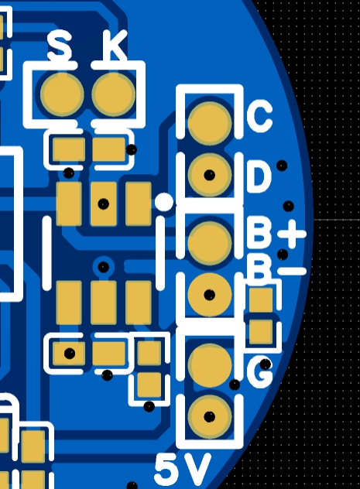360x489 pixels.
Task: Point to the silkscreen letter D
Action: pos(259,176)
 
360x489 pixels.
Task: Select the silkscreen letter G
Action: pos(259,371)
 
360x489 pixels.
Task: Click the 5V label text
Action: pos(183,470)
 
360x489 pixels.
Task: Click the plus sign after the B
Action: pos(292,234)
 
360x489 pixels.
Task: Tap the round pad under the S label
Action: pos(63,94)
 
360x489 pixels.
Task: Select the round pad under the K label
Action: pos(114,94)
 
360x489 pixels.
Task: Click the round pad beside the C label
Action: pos(210,124)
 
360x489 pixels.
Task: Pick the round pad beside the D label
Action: pos(210,175)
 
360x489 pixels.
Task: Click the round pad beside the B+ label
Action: pos(210,243)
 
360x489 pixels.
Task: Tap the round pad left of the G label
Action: pos(210,365)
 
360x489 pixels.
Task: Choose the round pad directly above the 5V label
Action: pos(210,416)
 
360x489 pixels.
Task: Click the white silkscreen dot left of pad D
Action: pos(164,202)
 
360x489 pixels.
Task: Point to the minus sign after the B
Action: pos(292,271)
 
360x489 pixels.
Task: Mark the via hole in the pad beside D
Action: pos(209,175)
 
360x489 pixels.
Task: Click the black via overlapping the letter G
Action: pos(266,364)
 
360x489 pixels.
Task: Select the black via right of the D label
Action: pos(282,166)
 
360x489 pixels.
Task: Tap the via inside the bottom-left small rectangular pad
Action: pos(69,354)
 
